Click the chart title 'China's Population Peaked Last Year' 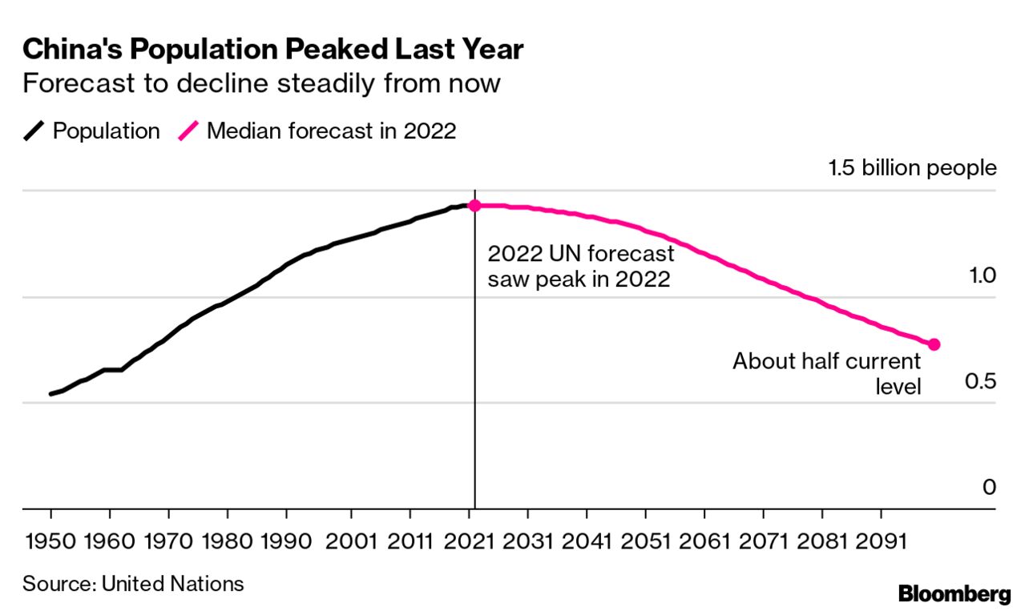(x=272, y=50)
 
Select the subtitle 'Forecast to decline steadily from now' (x=261, y=83)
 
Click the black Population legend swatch (x=34, y=131)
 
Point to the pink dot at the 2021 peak (x=474, y=206)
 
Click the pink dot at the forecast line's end (x=934, y=344)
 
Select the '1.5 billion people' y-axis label (x=912, y=168)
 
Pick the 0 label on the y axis (x=989, y=487)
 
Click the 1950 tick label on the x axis (x=50, y=541)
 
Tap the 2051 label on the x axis (x=645, y=541)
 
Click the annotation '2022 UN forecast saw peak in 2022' (x=581, y=267)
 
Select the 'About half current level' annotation (x=827, y=373)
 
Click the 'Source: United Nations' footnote (x=133, y=583)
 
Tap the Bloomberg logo (x=954, y=594)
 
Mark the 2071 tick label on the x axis (x=762, y=541)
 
